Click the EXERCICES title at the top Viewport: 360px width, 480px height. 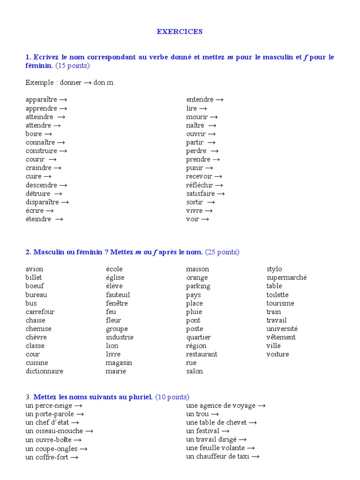180,31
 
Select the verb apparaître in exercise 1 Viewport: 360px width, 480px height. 41,100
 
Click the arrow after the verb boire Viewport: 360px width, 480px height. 48,134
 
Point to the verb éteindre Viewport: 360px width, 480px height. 38,219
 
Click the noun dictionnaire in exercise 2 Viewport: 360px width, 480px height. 45,371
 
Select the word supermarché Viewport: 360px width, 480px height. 286,277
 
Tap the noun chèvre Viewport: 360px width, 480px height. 36,337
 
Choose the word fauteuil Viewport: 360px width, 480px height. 118,295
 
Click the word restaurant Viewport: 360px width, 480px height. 202,354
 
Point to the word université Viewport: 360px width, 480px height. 282,329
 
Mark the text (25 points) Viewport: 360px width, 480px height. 222,252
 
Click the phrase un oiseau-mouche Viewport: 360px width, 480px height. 54,431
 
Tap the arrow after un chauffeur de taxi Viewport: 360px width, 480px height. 255,457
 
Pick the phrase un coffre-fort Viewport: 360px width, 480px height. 46,457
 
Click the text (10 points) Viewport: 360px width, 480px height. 172,397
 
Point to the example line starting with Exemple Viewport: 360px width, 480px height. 69,82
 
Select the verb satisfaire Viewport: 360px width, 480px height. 200,194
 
